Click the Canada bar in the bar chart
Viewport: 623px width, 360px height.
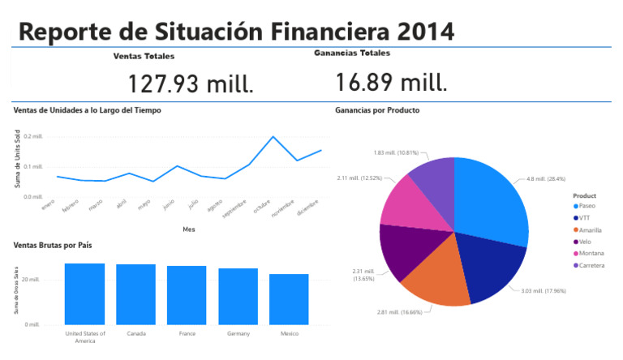pyautogui.click(x=135, y=294)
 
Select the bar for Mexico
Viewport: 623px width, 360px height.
pyautogui.click(x=289, y=299)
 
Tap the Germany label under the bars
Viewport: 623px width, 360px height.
pyautogui.click(x=238, y=333)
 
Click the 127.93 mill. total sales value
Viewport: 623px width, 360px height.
pyautogui.click(x=191, y=84)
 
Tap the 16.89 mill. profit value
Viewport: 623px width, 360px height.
pyautogui.click(x=391, y=82)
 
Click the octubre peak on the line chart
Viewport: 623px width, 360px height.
pyautogui.click(x=273, y=137)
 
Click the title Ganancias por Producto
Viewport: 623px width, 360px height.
pyautogui.click(x=377, y=109)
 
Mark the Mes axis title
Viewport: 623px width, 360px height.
pyautogui.click(x=189, y=229)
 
